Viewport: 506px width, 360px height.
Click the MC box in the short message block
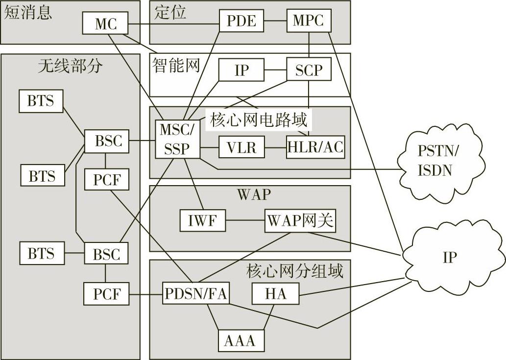click(x=105, y=24)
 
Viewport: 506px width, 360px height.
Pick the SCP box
click(x=309, y=70)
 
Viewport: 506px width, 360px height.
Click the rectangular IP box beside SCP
click(x=241, y=70)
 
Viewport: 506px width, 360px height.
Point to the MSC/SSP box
click(x=177, y=139)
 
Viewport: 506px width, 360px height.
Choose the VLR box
click(x=242, y=146)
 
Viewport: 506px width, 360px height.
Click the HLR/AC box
click(x=315, y=146)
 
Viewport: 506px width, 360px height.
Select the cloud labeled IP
click(x=449, y=257)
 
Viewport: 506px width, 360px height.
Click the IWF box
click(x=202, y=221)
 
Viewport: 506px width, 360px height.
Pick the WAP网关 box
click(x=300, y=221)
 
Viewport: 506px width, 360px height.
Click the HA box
click(x=275, y=294)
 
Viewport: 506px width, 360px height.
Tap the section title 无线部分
click(x=71, y=66)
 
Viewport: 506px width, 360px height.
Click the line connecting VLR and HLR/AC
click(x=275, y=146)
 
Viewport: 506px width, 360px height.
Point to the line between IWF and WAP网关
click(x=245, y=221)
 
